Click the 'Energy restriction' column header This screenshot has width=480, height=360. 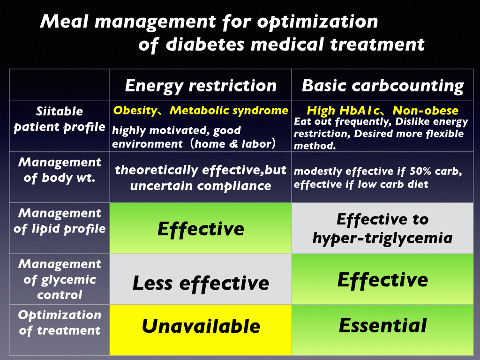click(x=201, y=85)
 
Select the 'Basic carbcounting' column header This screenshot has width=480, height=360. click(x=382, y=85)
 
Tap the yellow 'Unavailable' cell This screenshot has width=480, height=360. click(x=201, y=330)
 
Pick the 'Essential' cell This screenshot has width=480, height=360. click(x=382, y=330)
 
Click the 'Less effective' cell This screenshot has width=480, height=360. click(x=201, y=279)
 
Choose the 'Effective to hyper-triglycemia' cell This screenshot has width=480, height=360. click(x=382, y=228)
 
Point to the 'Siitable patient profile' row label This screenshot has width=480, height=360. click(x=60, y=119)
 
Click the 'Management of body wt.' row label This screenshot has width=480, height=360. click(x=60, y=170)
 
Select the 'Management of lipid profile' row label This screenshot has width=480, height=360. click(x=60, y=221)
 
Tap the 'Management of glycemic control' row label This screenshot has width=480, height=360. click(x=60, y=279)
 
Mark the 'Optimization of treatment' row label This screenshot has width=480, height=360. click(x=60, y=322)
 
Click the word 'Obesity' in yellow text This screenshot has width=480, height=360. click(x=135, y=111)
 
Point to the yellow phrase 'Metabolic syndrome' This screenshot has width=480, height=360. click(x=229, y=111)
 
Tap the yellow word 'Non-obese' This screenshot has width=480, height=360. click(x=426, y=111)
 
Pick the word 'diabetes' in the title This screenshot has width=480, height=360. click(x=205, y=44)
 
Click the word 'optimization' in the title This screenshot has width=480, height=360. click(x=317, y=22)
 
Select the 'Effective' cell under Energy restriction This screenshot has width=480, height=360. click(x=201, y=228)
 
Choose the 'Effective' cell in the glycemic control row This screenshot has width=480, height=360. click(x=382, y=279)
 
